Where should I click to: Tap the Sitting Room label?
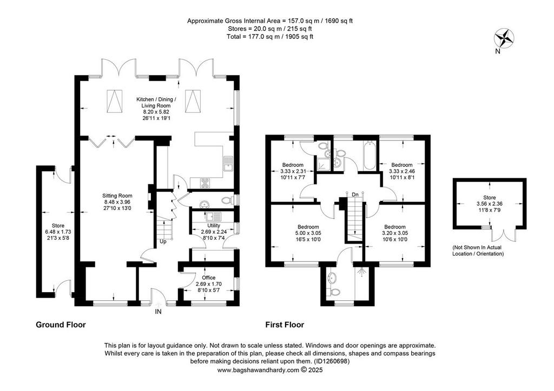(117, 195)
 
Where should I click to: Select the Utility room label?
(213, 226)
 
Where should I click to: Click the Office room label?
(208, 278)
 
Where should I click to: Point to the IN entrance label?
(159, 312)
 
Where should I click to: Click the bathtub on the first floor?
(370, 156)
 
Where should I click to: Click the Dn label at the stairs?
(355, 194)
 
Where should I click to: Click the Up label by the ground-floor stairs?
(163, 242)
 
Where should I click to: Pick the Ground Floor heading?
(61, 325)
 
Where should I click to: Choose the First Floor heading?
(285, 325)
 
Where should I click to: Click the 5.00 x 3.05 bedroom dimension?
(308, 233)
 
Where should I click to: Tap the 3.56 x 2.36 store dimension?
(489, 204)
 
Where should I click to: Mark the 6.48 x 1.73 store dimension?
(58, 232)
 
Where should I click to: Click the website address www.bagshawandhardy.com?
(258, 370)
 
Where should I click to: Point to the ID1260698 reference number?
(331, 361)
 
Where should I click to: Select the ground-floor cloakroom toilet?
(227, 201)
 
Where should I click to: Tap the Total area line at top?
(270, 36)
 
